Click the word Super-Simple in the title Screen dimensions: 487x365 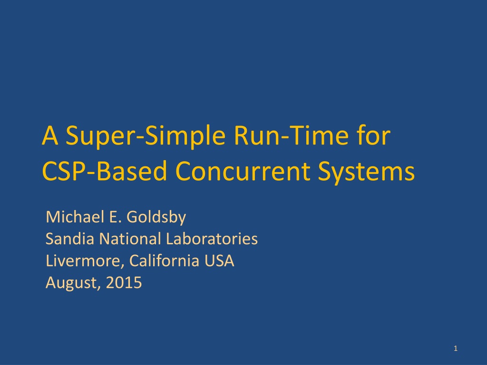(x=146, y=136)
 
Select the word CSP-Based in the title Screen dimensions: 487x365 (x=104, y=171)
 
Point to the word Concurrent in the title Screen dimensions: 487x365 (x=243, y=171)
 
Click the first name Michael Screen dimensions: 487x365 (x=76, y=217)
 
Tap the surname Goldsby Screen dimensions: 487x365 (x=156, y=217)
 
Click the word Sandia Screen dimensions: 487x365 (x=69, y=239)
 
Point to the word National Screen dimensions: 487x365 (x=130, y=239)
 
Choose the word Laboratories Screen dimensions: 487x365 (x=212, y=239)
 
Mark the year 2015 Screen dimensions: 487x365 (x=124, y=282)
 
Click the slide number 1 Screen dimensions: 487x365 (x=456, y=348)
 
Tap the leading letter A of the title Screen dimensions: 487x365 (x=50, y=135)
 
